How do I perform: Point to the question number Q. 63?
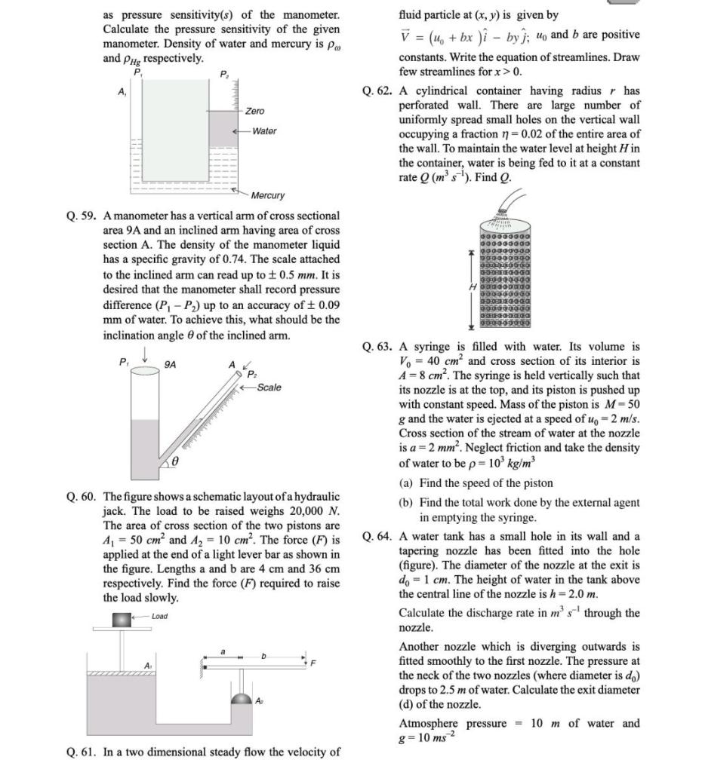pos(377,347)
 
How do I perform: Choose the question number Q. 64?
pos(377,537)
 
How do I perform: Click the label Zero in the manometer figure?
pos(254,111)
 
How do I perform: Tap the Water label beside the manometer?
pos(264,131)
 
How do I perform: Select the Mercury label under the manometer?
pos(267,195)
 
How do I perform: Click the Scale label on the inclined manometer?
pos(269,388)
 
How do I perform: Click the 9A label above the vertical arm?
pos(171,365)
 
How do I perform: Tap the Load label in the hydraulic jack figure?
pos(159,616)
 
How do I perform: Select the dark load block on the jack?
pos(121,620)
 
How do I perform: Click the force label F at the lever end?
pos(313,663)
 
